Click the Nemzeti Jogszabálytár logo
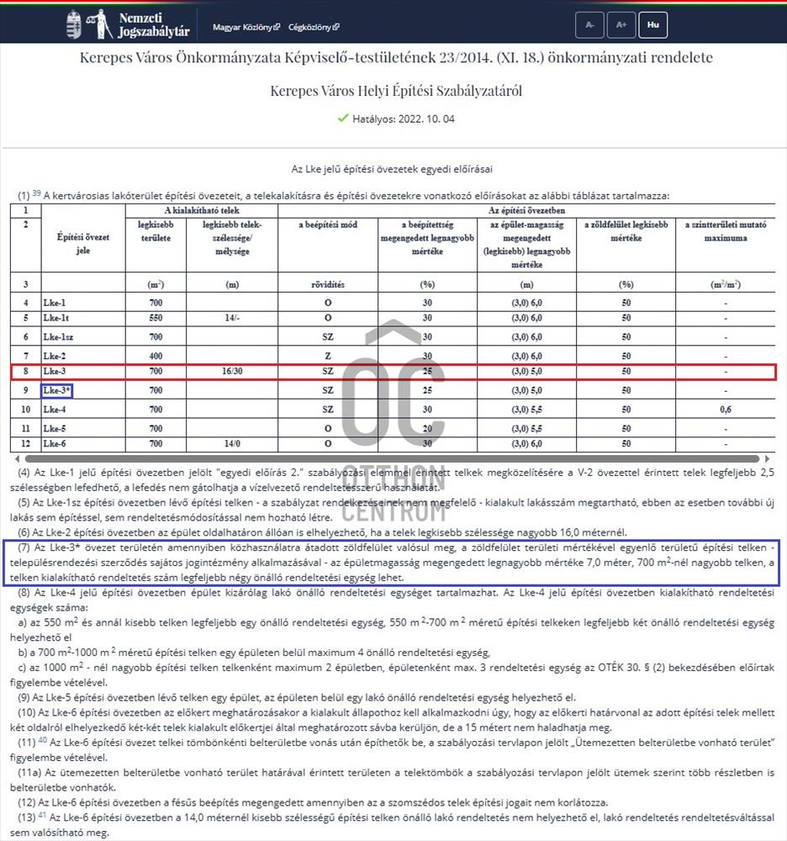(x=128, y=25)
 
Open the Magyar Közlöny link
(x=246, y=27)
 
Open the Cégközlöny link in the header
(x=314, y=27)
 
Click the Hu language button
(x=652, y=25)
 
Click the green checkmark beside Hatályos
(x=342, y=119)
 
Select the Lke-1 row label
(x=55, y=303)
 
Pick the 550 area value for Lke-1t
(x=156, y=318)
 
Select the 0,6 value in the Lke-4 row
(x=725, y=409)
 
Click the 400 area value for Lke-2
(x=156, y=356)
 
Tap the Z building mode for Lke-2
(x=328, y=356)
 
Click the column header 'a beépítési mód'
(x=328, y=225)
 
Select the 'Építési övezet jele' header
(x=82, y=244)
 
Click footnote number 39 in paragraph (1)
(x=37, y=193)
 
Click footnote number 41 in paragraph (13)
(x=43, y=816)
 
